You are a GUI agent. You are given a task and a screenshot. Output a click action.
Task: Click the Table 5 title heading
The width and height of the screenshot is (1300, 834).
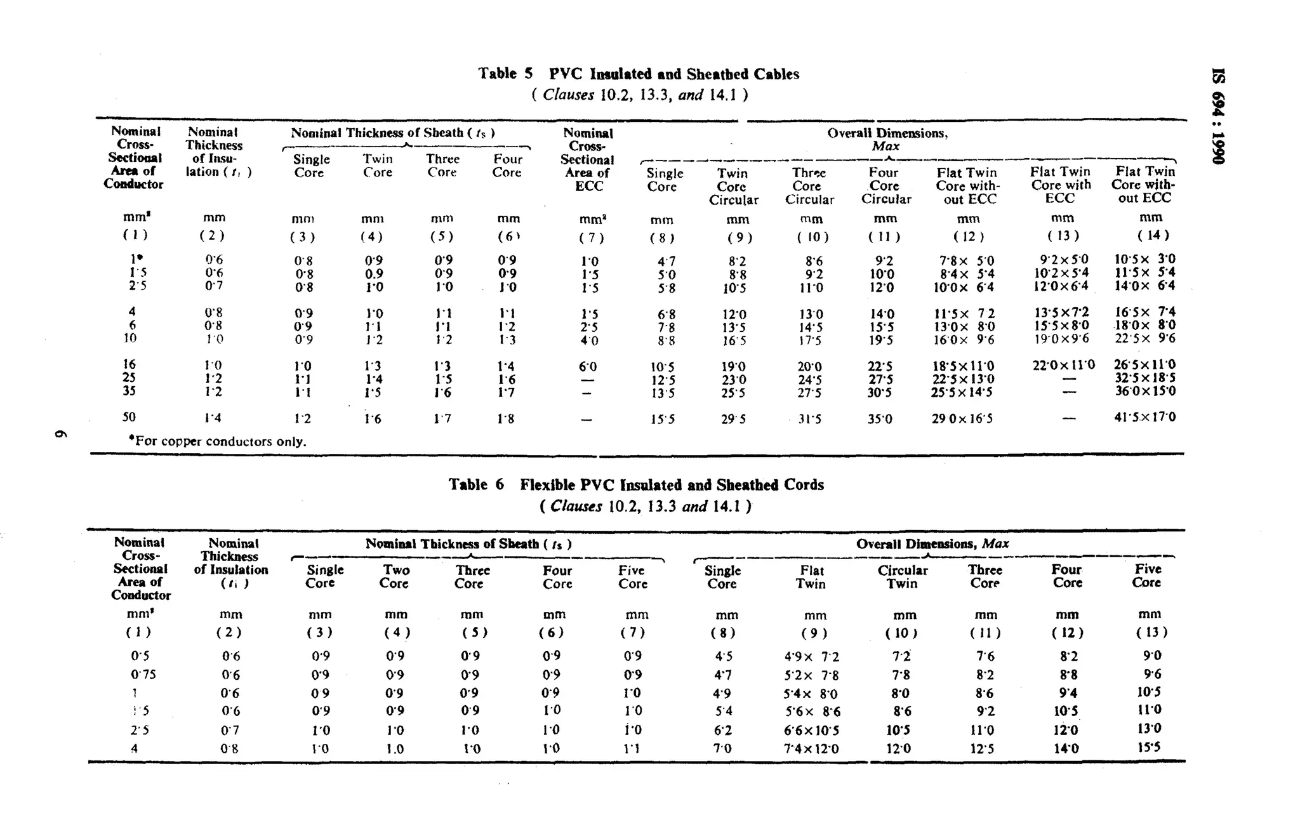click(639, 74)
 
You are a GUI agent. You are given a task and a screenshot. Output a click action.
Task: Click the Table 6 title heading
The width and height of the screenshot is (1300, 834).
click(636, 485)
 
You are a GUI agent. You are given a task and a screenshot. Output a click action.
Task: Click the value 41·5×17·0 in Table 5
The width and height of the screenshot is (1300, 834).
click(1144, 417)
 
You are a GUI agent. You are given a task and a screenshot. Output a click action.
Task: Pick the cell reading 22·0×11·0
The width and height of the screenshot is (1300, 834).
click(1063, 365)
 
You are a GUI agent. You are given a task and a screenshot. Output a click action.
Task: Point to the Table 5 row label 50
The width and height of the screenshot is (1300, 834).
click(129, 417)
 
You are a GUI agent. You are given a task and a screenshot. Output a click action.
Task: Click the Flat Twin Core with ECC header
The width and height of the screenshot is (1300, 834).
click(1061, 185)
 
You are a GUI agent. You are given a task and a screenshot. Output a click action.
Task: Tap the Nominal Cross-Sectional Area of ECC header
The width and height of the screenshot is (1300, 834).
click(588, 159)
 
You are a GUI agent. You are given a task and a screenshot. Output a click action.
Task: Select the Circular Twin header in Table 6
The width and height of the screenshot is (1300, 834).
click(902, 576)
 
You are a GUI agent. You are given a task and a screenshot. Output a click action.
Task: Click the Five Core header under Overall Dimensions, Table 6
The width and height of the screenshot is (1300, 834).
click(1147, 576)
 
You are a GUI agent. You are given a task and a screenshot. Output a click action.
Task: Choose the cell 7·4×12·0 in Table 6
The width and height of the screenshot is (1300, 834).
click(811, 749)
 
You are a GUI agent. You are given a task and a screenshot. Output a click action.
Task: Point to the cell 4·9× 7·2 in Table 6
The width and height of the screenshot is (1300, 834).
click(811, 657)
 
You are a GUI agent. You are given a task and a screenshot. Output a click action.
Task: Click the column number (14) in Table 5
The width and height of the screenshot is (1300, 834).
click(1152, 235)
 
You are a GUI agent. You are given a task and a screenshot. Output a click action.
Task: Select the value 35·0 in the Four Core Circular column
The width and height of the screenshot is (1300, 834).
click(880, 419)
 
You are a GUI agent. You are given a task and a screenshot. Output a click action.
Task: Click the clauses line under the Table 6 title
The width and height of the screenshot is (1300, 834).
click(646, 506)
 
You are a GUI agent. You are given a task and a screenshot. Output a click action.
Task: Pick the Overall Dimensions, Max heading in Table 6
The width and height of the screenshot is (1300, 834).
click(932, 544)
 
